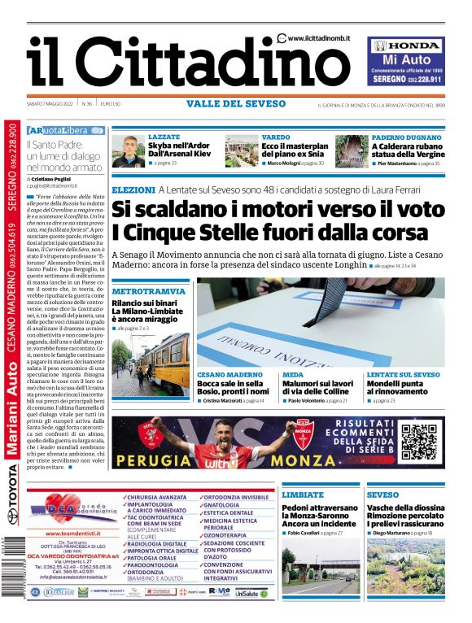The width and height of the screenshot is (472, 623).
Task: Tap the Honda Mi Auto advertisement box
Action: click(405, 62)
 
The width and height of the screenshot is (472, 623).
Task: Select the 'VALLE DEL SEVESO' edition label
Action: click(235, 103)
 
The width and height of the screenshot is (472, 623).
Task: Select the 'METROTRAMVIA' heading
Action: click(142, 290)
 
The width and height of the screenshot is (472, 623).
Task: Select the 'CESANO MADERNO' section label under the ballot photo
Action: click(230, 374)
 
